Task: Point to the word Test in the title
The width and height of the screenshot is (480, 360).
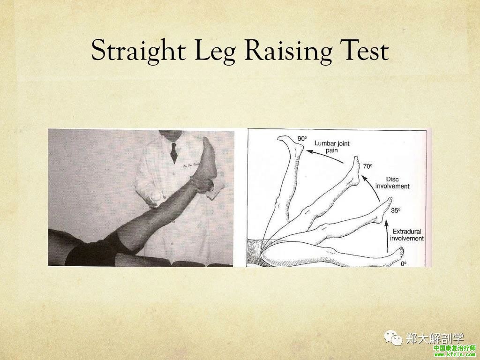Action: tap(364, 50)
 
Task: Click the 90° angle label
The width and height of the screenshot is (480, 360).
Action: tap(302, 139)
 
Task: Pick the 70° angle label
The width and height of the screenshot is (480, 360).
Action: tap(368, 166)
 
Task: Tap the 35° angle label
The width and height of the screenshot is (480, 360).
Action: tap(396, 210)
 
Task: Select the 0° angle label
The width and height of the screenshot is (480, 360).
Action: tap(404, 263)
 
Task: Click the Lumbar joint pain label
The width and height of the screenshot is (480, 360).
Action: tap(332, 147)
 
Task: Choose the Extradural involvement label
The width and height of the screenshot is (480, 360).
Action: tap(407, 235)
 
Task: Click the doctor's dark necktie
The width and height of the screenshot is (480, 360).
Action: tap(174, 152)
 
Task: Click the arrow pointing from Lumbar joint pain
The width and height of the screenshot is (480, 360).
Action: tap(324, 155)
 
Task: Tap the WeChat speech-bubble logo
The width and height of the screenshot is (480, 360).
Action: tap(393, 338)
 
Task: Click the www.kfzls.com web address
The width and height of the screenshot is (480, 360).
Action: tap(454, 355)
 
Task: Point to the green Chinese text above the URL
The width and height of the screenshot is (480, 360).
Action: tap(455, 348)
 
